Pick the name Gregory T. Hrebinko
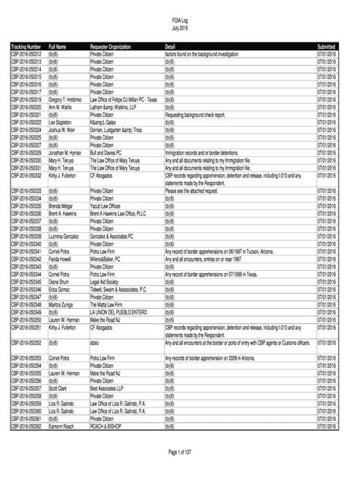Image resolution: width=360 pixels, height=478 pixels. tap(66, 99)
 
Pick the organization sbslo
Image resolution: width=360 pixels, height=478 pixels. tap(95, 342)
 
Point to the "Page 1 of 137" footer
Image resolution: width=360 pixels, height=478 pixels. tap(180, 452)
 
